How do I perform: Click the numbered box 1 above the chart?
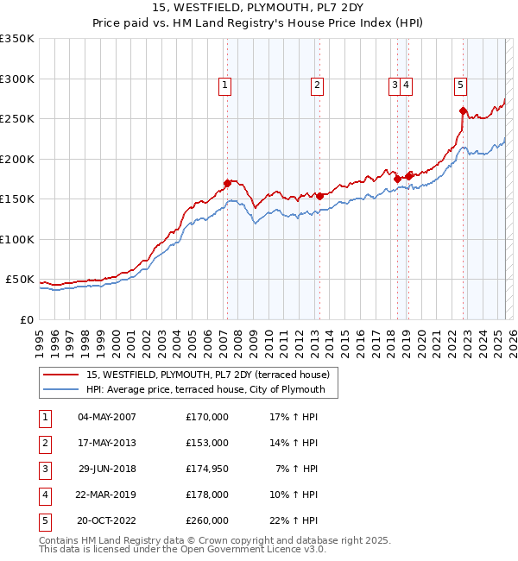tap(224, 85)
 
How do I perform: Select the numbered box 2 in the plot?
tap(318, 85)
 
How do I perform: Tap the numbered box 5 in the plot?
tap(460, 85)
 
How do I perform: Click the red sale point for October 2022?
tap(464, 110)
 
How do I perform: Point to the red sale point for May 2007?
tap(227, 183)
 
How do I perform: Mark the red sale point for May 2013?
tap(319, 196)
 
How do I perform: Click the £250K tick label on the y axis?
tap(16, 119)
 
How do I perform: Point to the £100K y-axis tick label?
tap(16, 239)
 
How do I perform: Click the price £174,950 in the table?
tap(206, 469)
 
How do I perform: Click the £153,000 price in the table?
tap(206, 443)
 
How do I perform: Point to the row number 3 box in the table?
tap(44, 469)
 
